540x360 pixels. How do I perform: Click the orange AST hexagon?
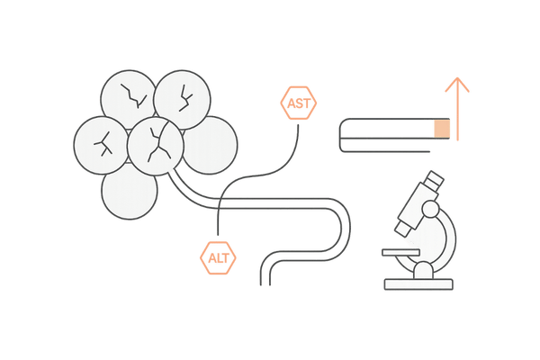[299, 105]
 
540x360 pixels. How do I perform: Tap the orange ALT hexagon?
[218, 257]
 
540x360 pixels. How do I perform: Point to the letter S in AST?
[299, 105]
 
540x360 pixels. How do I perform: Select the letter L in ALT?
[218, 258]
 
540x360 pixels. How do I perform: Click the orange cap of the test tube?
[441, 130]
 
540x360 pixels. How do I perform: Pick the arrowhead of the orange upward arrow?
[459, 85]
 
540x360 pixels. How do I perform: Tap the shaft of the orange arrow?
[459, 117]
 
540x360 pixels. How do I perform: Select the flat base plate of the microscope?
[419, 284]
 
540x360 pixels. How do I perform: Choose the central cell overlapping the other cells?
[155, 144]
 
